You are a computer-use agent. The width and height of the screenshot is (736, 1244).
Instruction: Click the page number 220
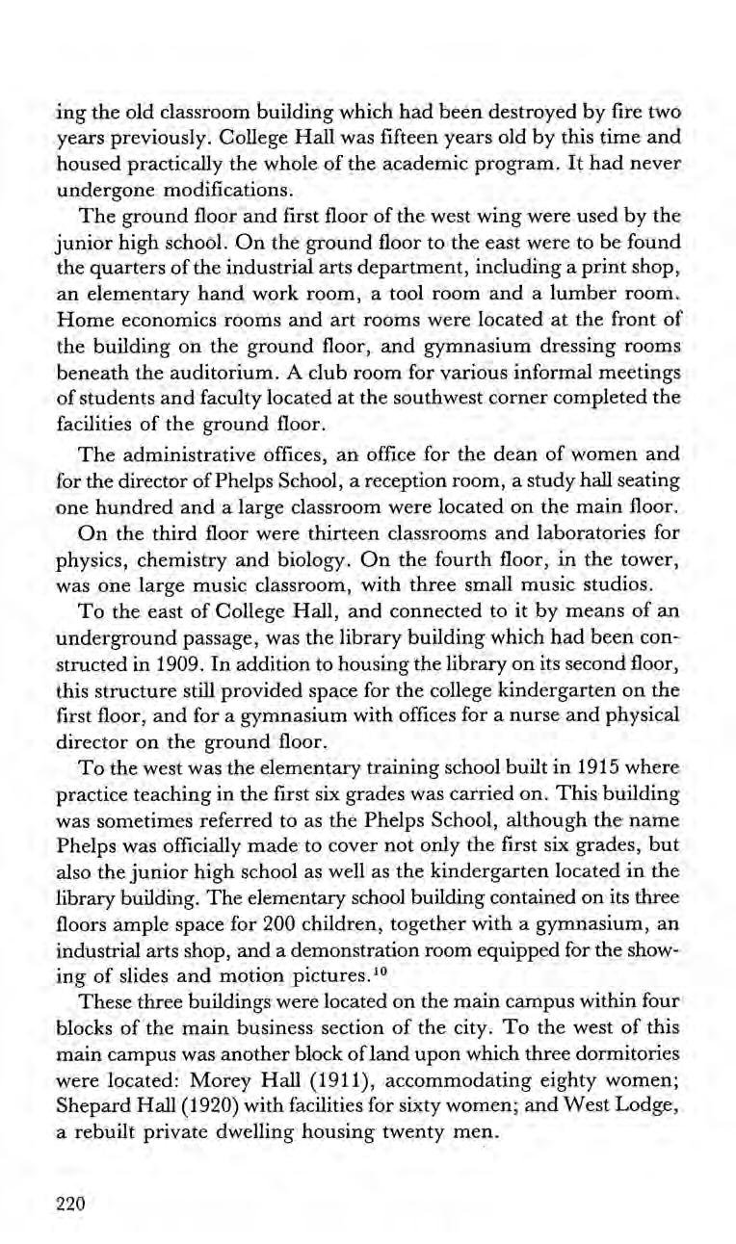point(70,1204)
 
